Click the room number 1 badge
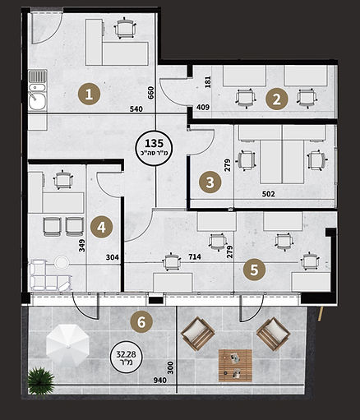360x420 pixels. click(89, 95)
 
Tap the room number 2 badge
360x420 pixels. click(277, 99)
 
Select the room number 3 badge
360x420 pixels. click(210, 182)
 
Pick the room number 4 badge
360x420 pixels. click(101, 227)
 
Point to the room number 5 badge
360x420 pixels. click(254, 270)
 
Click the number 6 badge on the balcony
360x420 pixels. click(141, 322)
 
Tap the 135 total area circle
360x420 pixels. click(155, 149)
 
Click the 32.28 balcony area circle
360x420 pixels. click(127, 358)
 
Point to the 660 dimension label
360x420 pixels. click(151, 93)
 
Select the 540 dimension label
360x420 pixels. click(136, 109)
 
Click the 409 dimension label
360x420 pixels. click(203, 107)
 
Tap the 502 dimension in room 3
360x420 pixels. click(268, 194)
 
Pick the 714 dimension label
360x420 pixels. click(195, 257)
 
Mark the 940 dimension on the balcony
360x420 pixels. click(160, 380)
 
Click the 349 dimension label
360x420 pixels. click(82, 246)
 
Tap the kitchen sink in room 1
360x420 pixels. click(38, 90)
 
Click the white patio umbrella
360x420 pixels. click(67, 345)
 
